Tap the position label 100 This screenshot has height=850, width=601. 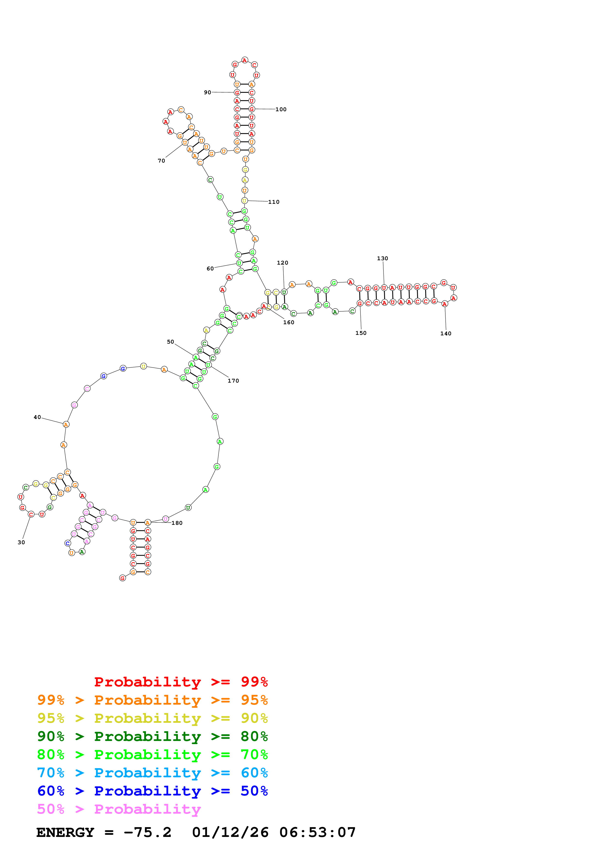[x=281, y=109]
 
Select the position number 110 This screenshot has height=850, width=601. [x=274, y=202]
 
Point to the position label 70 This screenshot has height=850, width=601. [x=161, y=161]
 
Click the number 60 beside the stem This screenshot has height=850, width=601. [x=210, y=268]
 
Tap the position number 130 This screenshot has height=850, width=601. [x=383, y=258]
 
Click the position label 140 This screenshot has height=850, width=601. [x=446, y=334]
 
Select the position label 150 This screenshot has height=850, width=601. [x=361, y=333]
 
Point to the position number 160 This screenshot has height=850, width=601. [x=289, y=323]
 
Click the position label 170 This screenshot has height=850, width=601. [x=233, y=381]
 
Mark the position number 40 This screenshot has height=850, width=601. [x=37, y=417]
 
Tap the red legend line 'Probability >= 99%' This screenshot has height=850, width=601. [x=181, y=682]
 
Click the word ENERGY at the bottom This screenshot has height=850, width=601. [x=65, y=832]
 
